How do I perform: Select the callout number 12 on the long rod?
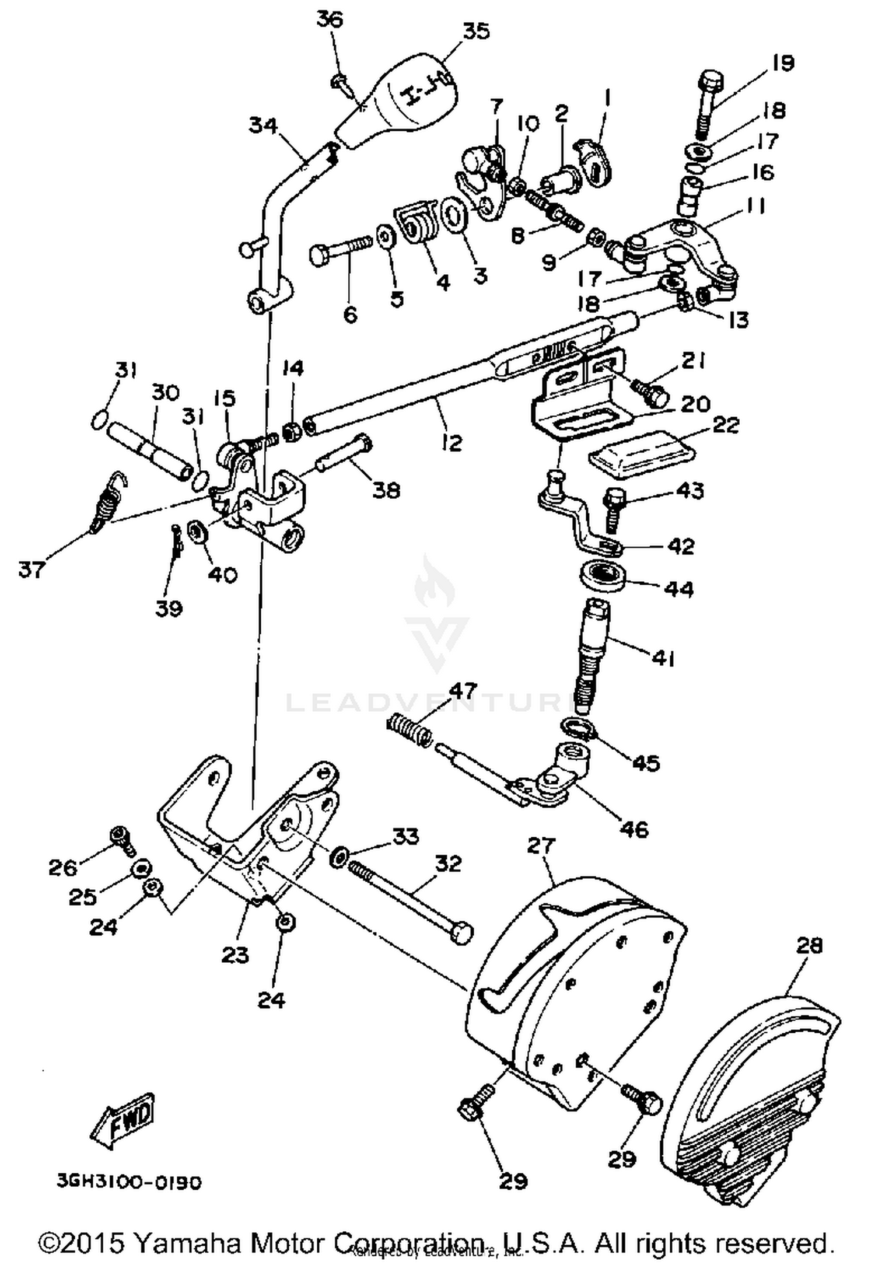pos(452,442)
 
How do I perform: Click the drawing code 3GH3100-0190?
pos(129,1182)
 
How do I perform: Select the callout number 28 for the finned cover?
pos(809,946)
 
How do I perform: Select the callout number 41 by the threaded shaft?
pos(663,659)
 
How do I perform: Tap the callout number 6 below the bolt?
pos(350,315)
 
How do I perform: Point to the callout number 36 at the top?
pos(331,19)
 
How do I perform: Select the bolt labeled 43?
pos(612,509)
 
